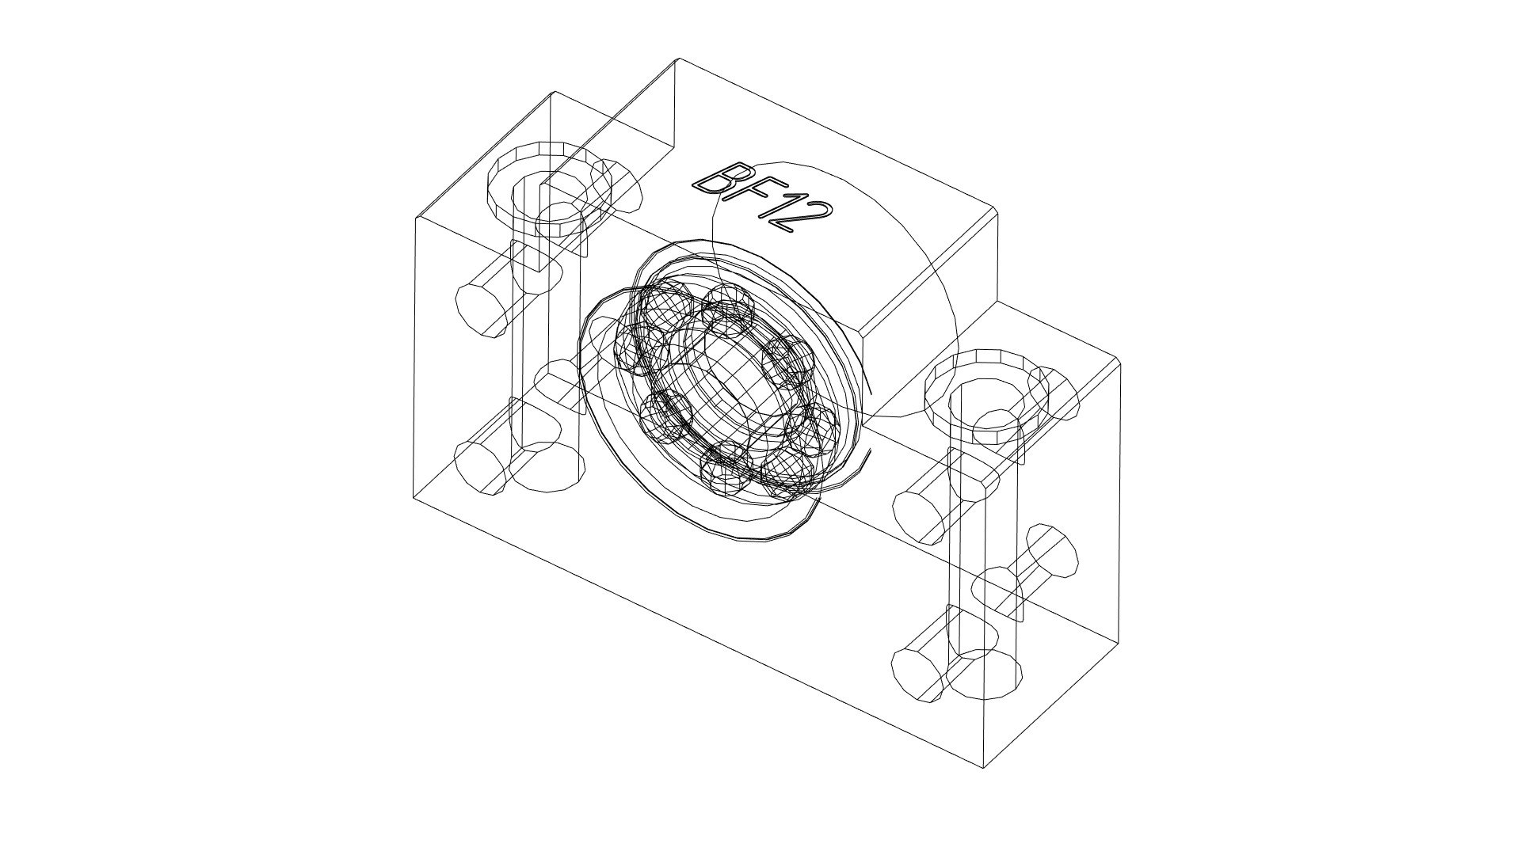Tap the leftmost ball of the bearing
tap(634, 348)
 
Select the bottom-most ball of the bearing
tap(725, 473)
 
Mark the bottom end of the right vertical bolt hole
tap(982, 674)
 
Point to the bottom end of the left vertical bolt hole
tap(547, 467)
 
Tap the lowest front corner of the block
tap(983, 768)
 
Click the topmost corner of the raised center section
tap(678, 59)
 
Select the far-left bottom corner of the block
tap(414, 498)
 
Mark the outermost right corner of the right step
tap(1122, 363)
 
